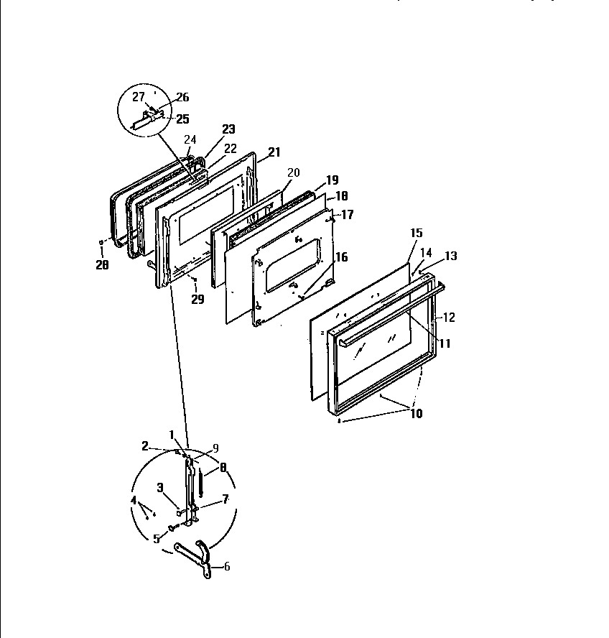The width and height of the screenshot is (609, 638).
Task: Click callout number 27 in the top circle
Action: pos(139,96)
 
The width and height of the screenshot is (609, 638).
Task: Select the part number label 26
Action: pos(182,98)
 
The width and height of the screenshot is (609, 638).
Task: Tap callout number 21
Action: pos(274,152)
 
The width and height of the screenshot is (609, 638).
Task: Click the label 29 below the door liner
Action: pos(197,299)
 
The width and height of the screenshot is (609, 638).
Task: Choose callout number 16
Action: pos(340,257)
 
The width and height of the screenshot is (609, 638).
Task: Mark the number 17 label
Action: pos(347,213)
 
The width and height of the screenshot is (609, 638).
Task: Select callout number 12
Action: pos(448,317)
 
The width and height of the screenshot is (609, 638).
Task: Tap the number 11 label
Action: pos(445,343)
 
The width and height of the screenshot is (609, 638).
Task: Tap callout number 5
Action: pos(157,538)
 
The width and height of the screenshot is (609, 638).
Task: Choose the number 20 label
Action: pos(292,172)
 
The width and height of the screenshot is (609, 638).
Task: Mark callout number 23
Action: pos(228,129)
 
